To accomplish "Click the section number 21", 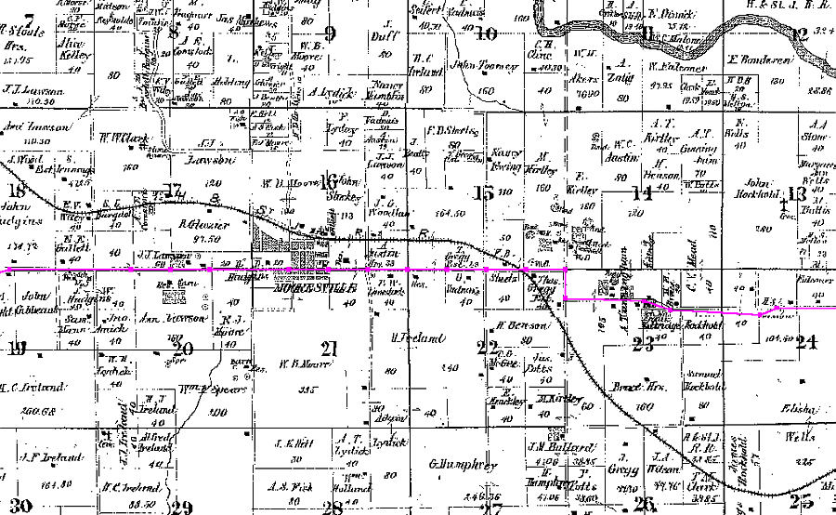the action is point(327,350).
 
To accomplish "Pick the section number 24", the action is point(804,342).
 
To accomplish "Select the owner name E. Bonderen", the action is point(759,60).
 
